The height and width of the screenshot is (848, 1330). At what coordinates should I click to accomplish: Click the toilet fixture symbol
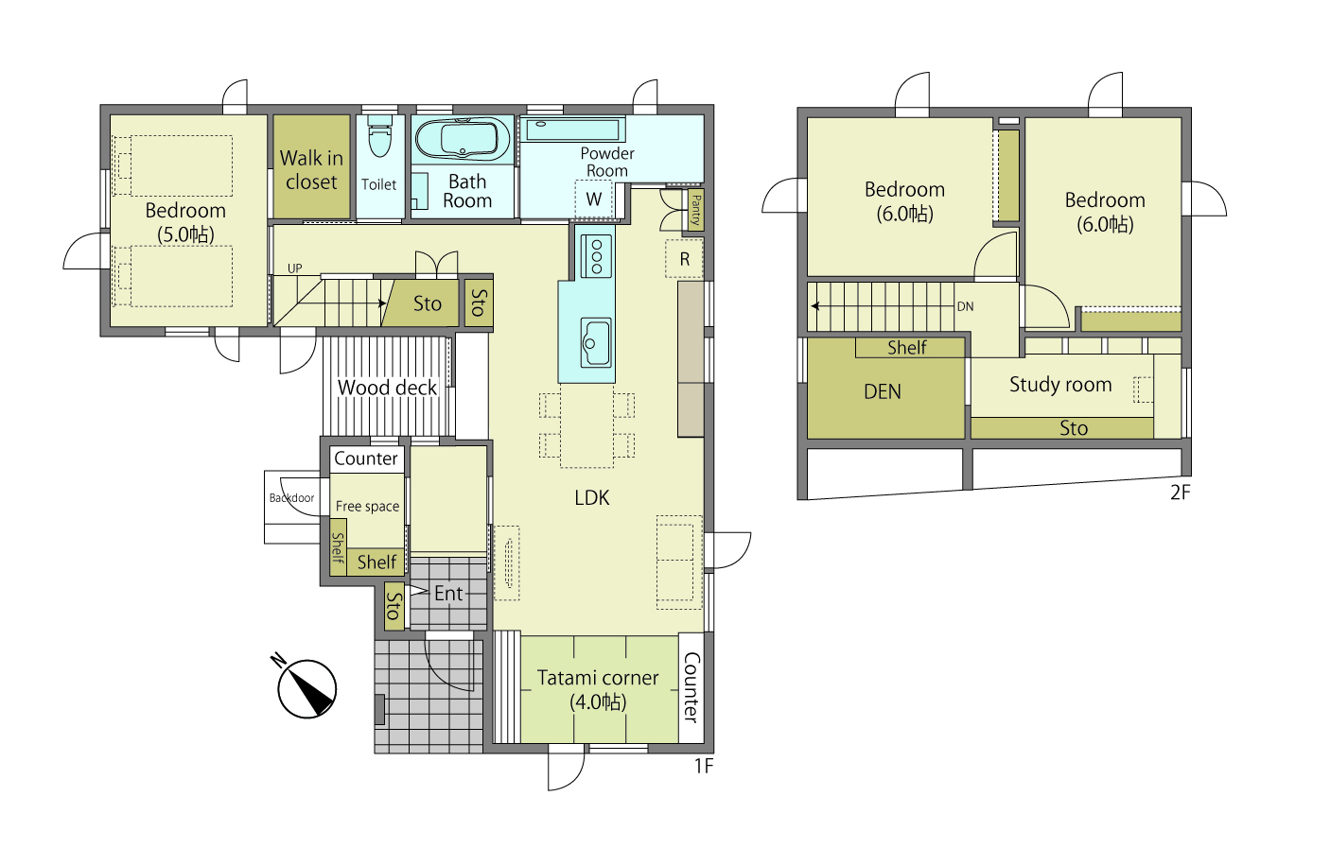click(x=380, y=136)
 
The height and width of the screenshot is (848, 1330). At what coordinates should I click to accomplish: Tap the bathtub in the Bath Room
click(x=462, y=139)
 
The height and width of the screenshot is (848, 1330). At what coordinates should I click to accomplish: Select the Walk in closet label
click(x=311, y=170)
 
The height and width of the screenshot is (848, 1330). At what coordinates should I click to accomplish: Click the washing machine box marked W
click(x=594, y=199)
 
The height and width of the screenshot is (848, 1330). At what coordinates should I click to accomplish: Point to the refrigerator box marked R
click(x=684, y=259)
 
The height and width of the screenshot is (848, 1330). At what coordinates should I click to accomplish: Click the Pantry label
click(x=696, y=210)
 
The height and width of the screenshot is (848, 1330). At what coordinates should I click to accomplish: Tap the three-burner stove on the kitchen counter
click(x=596, y=256)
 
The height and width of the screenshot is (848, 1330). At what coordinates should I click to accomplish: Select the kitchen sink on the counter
click(x=596, y=343)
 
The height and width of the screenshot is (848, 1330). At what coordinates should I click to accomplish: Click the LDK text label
click(x=591, y=497)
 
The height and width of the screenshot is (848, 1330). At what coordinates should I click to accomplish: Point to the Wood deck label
click(x=387, y=388)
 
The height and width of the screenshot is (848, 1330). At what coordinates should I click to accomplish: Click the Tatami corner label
click(x=598, y=678)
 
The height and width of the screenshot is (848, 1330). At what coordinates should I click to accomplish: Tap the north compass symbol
click(x=306, y=687)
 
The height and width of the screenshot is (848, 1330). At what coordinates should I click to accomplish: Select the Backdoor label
click(x=291, y=498)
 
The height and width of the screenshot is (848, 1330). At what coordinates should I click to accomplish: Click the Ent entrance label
click(x=448, y=593)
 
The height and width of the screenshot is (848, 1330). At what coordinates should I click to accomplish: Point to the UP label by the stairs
click(x=294, y=268)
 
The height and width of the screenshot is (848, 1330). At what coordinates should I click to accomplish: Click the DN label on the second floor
click(x=965, y=306)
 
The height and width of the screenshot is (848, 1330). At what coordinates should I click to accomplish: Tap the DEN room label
click(x=883, y=391)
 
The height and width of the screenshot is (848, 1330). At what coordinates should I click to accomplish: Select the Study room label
click(x=1060, y=385)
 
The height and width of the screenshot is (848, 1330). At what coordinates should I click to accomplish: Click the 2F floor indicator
click(x=1180, y=492)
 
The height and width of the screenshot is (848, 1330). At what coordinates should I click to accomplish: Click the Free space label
click(x=368, y=506)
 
